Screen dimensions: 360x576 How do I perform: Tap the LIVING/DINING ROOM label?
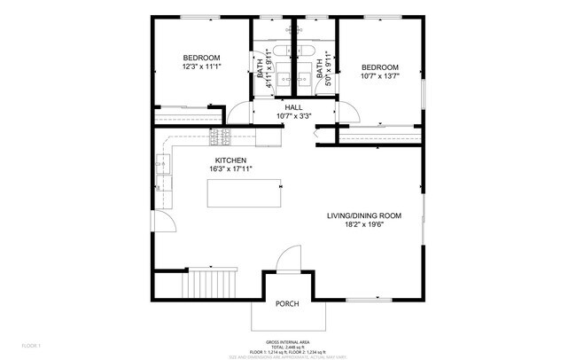click(x=365, y=215)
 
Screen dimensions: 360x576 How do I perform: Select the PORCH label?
click(x=287, y=304)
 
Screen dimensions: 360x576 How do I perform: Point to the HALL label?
click(x=293, y=106)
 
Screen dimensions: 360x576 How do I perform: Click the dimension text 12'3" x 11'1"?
click(x=201, y=66)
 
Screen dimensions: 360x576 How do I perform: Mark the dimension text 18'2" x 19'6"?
click(x=365, y=224)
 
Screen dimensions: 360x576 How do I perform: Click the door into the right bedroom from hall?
click(x=347, y=112)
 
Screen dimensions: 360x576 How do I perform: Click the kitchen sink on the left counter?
click(x=163, y=165)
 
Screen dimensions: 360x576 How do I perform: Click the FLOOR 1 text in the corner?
click(x=31, y=345)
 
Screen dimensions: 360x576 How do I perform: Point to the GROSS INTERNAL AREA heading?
click(x=287, y=340)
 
